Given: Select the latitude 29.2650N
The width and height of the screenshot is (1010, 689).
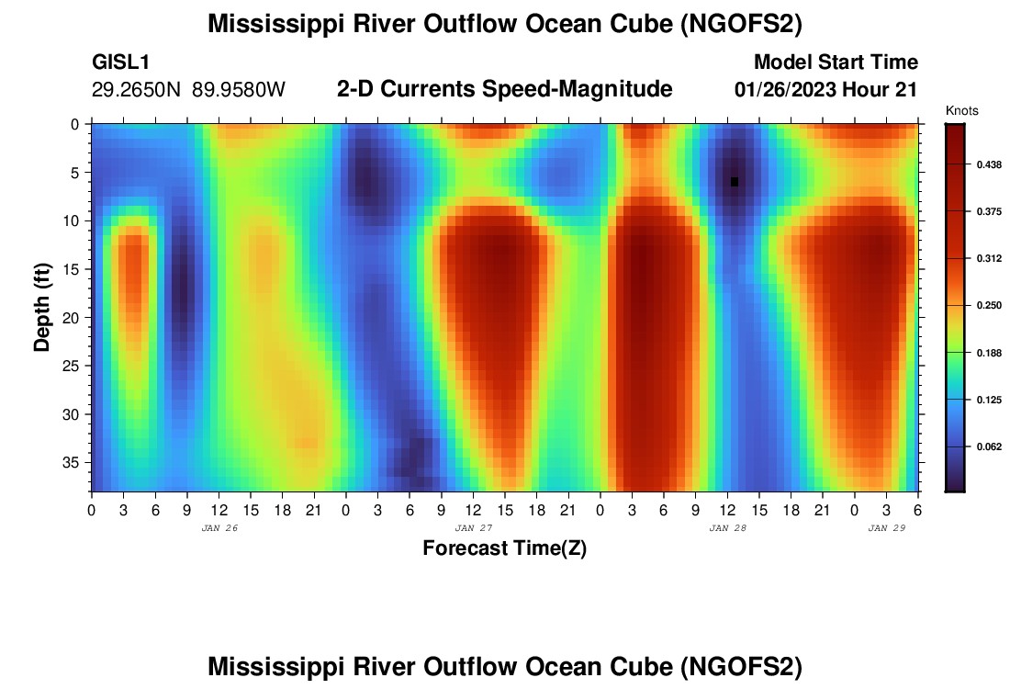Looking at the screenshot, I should point(138,90).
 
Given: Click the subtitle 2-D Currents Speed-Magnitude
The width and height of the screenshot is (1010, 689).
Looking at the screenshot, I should point(505,89).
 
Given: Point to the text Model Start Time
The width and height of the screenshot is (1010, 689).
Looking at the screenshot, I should point(836,62).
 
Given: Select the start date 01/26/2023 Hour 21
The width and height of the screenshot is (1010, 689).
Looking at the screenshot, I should point(826,90).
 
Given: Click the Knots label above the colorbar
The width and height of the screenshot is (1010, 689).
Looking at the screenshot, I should point(961,111).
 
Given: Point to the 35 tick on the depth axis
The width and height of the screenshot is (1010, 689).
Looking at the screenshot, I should point(73,462).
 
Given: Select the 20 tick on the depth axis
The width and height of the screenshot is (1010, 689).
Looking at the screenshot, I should point(73,317).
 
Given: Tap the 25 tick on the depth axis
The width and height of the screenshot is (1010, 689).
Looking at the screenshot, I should point(73,366).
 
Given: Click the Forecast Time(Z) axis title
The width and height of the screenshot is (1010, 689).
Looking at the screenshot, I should point(504,548).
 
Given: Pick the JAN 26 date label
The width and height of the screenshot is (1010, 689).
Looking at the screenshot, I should point(219,528).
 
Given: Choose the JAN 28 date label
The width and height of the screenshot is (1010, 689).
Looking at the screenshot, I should point(727,528).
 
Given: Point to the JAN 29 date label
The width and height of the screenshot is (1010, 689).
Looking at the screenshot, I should point(887,528).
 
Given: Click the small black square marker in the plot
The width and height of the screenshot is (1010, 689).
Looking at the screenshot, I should point(735,182).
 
